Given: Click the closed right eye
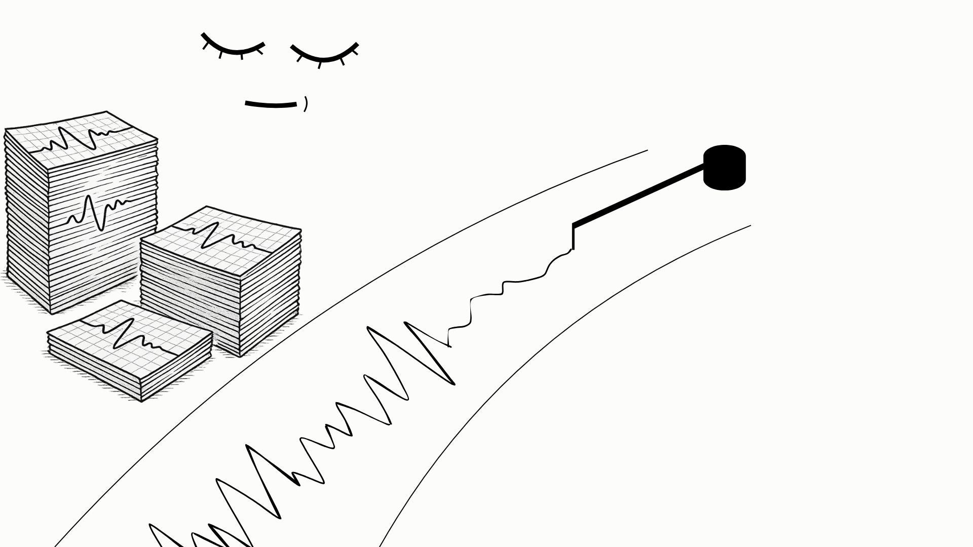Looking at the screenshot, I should (325, 56).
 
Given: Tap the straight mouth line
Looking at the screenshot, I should (271, 105).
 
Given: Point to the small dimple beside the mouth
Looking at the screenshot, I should (306, 104).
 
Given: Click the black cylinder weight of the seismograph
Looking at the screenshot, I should (725, 168).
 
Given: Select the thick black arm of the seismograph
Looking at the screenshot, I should (639, 195).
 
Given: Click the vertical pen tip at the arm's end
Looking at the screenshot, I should (573, 237).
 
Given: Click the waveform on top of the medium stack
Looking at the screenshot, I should (223, 236).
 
